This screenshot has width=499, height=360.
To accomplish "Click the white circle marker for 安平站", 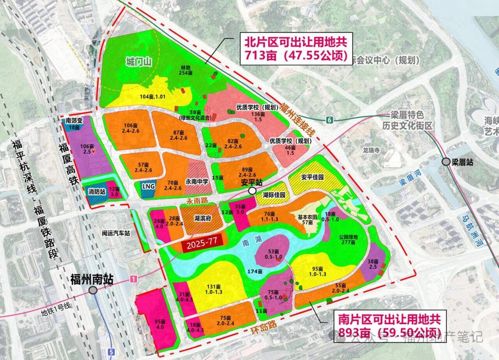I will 252,191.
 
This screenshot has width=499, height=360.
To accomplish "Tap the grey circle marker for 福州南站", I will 93,290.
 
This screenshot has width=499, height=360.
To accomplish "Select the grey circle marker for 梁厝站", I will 446,162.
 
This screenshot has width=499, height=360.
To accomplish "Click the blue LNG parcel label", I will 148,186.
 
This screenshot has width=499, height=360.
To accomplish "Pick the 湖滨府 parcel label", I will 202,218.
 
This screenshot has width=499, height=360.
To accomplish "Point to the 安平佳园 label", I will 312,177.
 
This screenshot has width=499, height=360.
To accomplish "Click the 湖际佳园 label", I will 274,195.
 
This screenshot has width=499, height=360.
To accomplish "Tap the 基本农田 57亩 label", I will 308,219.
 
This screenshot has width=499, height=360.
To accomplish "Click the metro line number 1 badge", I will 134,279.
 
